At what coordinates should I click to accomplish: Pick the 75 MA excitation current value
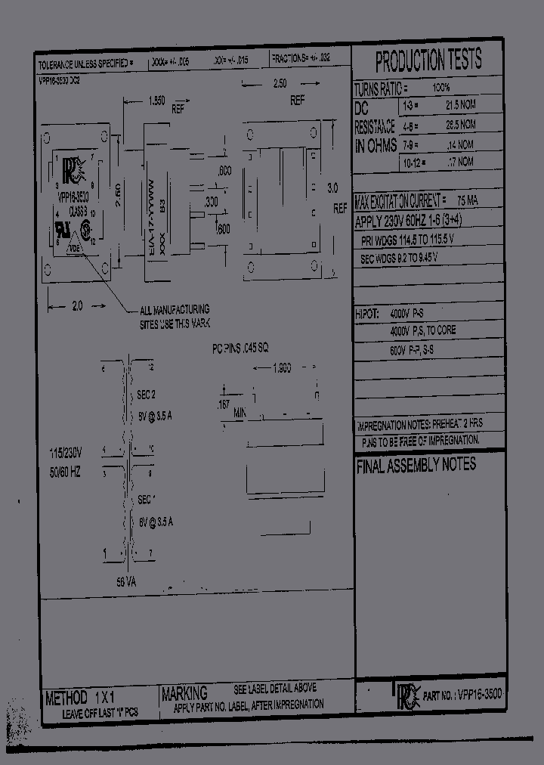pos(467,201)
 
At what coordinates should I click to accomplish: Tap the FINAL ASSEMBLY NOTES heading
pos(416,466)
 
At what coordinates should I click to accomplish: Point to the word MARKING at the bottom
pos(185,693)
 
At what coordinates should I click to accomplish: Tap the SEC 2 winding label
pos(146,394)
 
